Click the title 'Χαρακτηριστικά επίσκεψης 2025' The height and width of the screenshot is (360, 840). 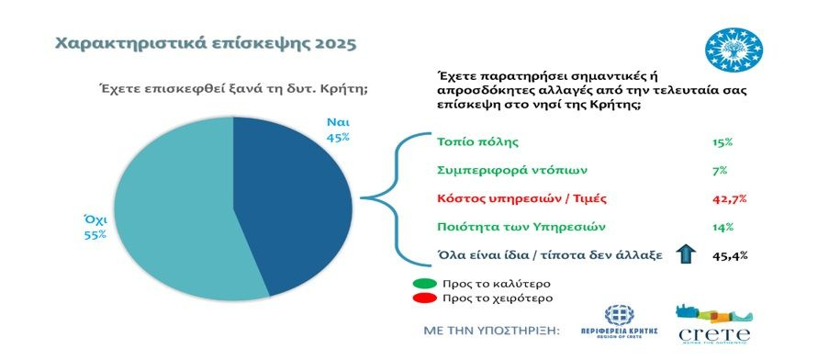click(x=205, y=44)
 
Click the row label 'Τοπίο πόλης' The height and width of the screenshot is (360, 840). click(x=478, y=142)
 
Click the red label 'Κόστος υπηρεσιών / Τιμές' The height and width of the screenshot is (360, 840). click(x=521, y=198)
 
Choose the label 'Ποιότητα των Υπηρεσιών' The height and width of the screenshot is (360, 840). click(x=521, y=227)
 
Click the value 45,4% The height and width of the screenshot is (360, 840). click(x=730, y=255)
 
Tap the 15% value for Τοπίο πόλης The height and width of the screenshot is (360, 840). click(x=722, y=142)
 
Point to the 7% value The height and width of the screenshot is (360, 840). click(x=720, y=171)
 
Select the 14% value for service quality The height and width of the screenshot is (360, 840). click(x=722, y=227)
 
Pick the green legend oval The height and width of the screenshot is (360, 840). click(x=424, y=284)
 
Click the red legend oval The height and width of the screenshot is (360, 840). click(x=424, y=298)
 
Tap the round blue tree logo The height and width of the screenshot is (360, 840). click(x=734, y=50)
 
